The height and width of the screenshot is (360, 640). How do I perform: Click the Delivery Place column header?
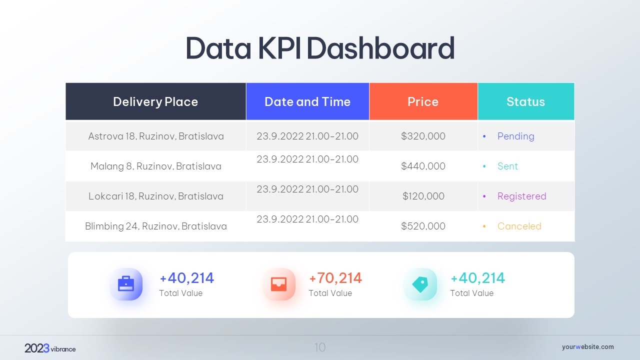click(x=155, y=102)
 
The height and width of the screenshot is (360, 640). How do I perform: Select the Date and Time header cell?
click(x=307, y=102)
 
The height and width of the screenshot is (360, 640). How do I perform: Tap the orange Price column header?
click(x=423, y=102)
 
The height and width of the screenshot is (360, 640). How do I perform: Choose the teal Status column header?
click(x=525, y=102)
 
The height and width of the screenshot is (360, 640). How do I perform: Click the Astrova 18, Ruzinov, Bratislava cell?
click(x=156, y=136)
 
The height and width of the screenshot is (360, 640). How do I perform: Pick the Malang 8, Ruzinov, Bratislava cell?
click(x=156, y=166)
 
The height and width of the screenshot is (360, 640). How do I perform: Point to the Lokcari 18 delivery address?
click(x=156, y=196)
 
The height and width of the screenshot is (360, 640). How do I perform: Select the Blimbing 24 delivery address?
click(x=156, y=226)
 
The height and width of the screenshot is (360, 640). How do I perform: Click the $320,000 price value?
click(x=423, y=136)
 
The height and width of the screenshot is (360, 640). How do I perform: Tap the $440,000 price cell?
click(x=423, y=166)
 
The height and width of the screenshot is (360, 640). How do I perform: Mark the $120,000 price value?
click(x=423, y=196)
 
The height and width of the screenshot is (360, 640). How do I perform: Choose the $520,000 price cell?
click(x=423, y=226)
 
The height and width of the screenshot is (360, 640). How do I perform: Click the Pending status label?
click(x=515, y=136)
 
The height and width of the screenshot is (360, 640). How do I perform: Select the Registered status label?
click(x=521, y=196)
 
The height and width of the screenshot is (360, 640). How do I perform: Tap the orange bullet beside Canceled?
click(x=484, y=226)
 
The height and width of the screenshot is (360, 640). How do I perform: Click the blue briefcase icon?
click(x=126, y=284)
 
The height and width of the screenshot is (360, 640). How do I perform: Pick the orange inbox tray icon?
click(x=279, y=284)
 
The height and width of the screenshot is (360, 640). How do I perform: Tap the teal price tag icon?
click(x=420, y=284)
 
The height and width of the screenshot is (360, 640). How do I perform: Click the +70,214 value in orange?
click(x=335, y=278)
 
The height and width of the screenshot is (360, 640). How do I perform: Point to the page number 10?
click(x=320, y=347)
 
